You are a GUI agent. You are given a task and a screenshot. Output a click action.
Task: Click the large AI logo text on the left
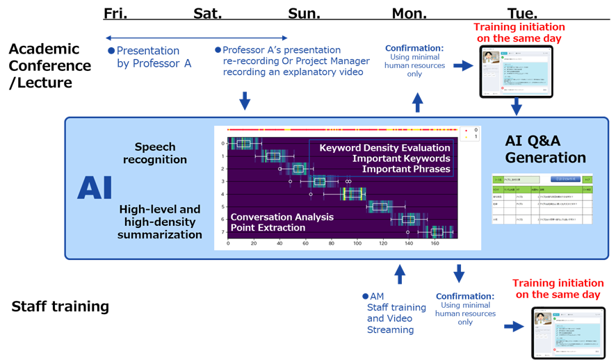click(x=94, y=188)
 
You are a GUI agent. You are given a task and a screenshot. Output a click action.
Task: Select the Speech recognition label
click(x=155, y=154)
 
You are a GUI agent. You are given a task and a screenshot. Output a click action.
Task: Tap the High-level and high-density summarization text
click(x=160, y=222)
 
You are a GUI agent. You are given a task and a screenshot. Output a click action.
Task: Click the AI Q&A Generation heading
click(x=545, y=149)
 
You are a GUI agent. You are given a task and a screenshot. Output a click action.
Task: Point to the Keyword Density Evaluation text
click(x=385, y=147)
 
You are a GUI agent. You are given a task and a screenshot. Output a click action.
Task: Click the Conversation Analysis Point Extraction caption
click(x=282, y=222)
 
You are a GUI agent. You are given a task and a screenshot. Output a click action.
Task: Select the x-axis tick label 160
click(x=435, y=244)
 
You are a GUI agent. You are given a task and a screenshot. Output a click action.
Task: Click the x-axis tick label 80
click(x=331, y=244)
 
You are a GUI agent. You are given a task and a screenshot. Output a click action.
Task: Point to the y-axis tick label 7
click(x=222, y=232)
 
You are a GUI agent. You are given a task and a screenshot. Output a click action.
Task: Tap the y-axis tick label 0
click(x=222, y=143)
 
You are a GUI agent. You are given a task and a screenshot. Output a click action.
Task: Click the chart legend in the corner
click(x=471, y=133)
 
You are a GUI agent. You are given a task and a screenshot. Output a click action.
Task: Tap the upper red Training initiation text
click(x=519, y=33)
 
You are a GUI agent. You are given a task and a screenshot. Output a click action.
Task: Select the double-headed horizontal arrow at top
click(x=197, y=38)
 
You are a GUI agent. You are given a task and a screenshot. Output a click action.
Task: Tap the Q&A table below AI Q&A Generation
click(x=541, y=200)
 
